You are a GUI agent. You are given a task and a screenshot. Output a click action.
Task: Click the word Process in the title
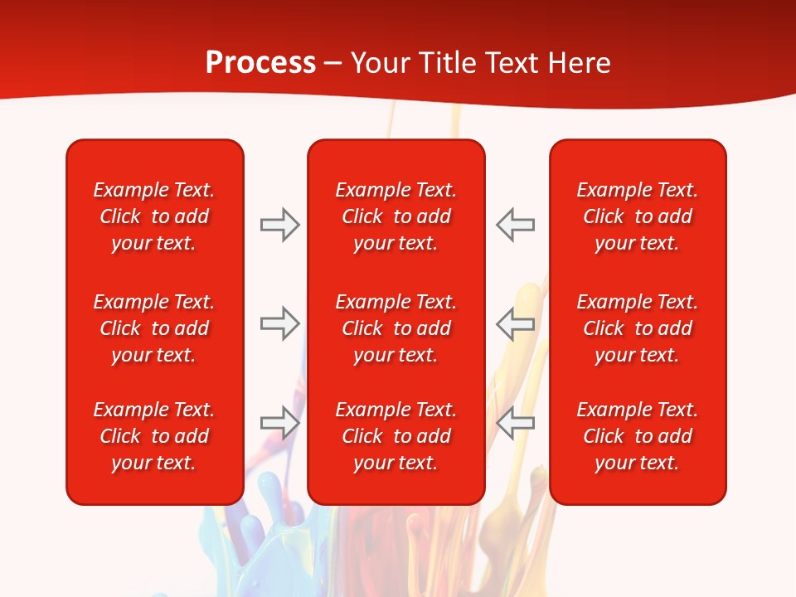click(260, 63)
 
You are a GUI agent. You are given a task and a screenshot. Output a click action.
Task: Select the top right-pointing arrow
click(279, 225)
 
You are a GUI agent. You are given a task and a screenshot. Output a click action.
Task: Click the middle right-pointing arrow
click(279, 323)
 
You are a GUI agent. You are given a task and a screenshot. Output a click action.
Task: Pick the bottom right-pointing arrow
click(279, 422)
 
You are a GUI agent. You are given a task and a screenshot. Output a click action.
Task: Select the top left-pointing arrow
click(516, 225)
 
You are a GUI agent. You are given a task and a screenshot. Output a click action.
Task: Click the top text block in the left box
click(154, 216)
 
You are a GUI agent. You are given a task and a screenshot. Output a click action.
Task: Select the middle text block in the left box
click(154, 328)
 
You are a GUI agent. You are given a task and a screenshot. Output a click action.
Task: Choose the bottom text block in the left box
click(154, 436)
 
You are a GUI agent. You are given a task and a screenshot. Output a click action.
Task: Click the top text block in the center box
click(396, 216)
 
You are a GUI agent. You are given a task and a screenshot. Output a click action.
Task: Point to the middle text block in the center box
click(396, 328)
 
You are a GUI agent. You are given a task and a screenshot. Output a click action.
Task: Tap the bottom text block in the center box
click(396, 436)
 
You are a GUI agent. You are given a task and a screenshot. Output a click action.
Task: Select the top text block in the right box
click(638, 216)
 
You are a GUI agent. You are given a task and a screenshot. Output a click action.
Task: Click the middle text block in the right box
click(638, 328)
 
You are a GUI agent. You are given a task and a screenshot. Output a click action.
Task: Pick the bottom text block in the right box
click(638, 436)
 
